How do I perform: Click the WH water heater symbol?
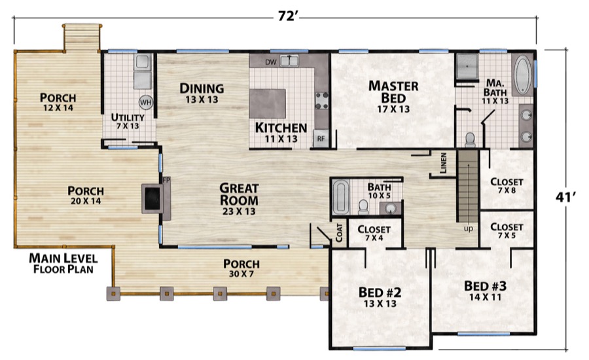coord(146,102)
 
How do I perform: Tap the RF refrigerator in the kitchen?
coord(321,138)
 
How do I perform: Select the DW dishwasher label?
coord(270,62)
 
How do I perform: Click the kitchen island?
coord(268,103)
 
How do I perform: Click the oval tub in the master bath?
coord(522,75)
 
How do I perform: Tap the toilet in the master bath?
coord(470,140)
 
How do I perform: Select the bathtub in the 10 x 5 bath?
coord(340,197)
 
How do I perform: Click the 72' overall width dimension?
coord(288,16)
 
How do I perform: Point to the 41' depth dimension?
coord(565,197)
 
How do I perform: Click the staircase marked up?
coord(468,186)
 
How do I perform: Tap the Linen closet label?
coord(443,163)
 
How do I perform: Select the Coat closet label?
coord(339,232)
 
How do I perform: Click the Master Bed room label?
coord(393,92)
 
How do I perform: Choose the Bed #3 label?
coord(485,286)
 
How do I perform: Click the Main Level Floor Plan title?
coord(63,263)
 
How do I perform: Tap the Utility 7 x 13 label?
coord(128,121)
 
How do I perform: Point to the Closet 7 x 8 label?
coord(507,186)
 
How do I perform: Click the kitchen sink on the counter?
coord(289,61)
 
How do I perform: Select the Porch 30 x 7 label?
coord(241,268)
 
